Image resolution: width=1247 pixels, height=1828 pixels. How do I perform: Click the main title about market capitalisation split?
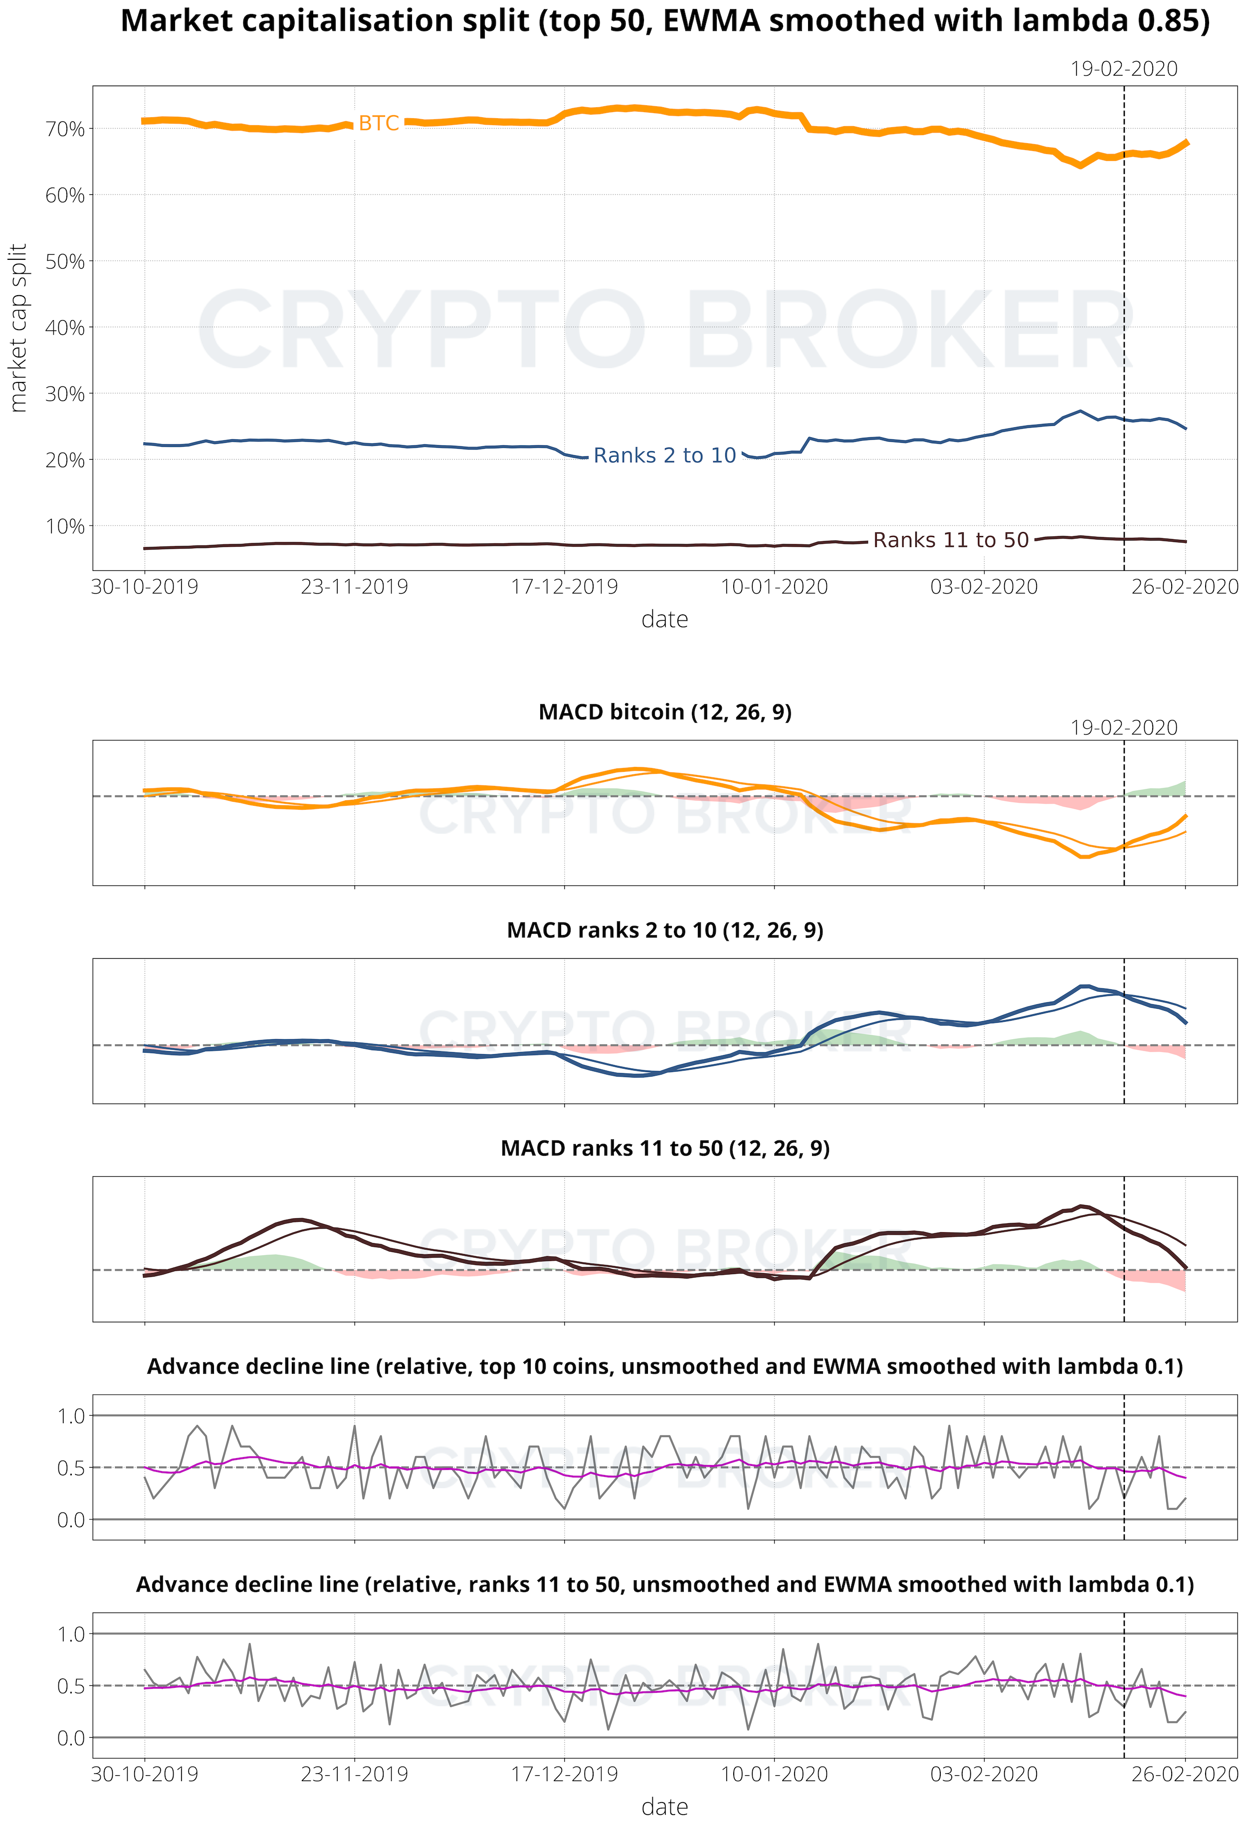pyautogui.click(x=665, y=21)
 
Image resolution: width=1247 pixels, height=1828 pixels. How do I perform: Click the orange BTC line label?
pyautogui.click(x=379, y=124)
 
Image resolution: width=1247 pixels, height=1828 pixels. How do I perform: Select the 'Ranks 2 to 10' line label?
pyautogui.click(x=664, y=455)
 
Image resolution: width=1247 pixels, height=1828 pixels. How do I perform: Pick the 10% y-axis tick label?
pyautogui.click(x=64, y=526)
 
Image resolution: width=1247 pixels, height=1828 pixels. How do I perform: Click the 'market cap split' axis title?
pyautogui.click(x=18, y=327)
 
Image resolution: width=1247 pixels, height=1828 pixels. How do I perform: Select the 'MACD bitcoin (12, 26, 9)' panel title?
pyautogui.click(x=665, y=712)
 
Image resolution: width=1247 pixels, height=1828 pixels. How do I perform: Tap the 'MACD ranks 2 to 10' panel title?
pyautogui.click(x=665, y=930)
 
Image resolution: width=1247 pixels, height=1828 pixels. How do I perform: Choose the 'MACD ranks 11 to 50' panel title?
pyautogui.click(x=665, y=1148)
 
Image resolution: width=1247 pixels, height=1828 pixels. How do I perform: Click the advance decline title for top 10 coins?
pyautogui.click(x=665, y=1366)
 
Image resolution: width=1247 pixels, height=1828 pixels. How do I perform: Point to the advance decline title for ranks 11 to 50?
pyautogui.click(x=665, y=1584)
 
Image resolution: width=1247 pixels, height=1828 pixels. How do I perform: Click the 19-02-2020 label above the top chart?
pyautogui.click(x=1123, y=69)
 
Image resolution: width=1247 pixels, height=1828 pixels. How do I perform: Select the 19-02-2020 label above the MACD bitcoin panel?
pyautogui.click(x=1123, y=728)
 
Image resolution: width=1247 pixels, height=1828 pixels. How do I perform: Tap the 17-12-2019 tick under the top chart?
pyautogui.click(x=564, y=587)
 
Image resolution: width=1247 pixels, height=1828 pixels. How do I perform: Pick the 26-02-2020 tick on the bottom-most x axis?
pyautogui.click(x=1185, y=1775)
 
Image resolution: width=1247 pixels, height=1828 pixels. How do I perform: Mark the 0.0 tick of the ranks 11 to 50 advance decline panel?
pyautogui.click(x=71, y=1738)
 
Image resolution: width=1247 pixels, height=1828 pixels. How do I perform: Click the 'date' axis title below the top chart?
pyautogui.click(x=665, y=620)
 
